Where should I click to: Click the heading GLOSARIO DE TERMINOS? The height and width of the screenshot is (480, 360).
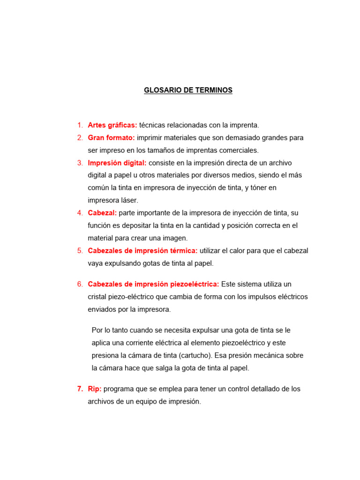click(188, 90)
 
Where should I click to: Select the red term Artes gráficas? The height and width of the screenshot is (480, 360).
click(112, 125)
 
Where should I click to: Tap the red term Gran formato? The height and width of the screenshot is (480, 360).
click(111, 138)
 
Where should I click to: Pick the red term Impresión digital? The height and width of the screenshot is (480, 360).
click(117, 163)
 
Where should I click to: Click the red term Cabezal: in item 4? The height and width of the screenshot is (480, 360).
click(102, 213)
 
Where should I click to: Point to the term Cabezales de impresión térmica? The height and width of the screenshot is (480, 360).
click(142, 250)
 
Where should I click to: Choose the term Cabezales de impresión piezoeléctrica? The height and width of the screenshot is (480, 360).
click(153, 284)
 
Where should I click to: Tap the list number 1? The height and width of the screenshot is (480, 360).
click(80, 125)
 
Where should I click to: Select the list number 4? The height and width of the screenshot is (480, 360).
click(80, 213)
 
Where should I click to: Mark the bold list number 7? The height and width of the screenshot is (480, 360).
click(80, 389)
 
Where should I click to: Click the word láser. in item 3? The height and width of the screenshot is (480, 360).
click(128, 200)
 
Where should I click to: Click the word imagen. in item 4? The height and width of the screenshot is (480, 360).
click(174, 238)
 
